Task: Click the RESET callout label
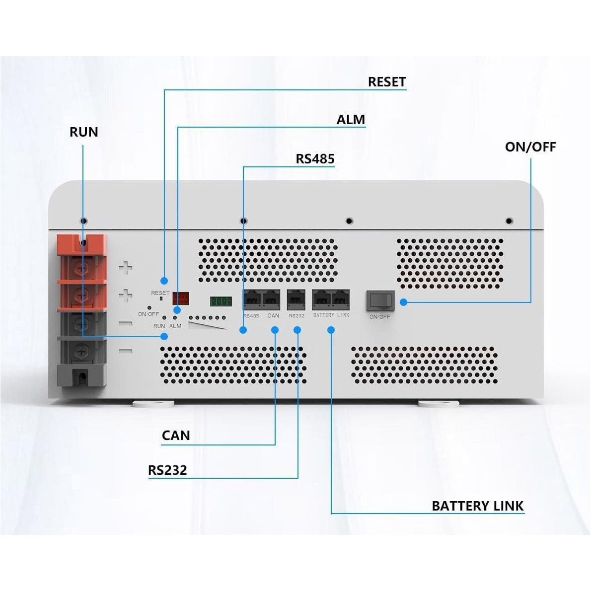click(387, 82)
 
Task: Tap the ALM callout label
click(351, 120)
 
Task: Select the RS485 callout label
click(315, 159)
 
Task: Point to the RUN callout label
click(84, 132)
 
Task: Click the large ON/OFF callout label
click(530, 147)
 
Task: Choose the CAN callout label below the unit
click(176, 436)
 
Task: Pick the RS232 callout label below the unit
click(167, 470)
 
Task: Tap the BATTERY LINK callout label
click(477, 506)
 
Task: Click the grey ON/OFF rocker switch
click(380, 300)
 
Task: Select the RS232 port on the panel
click(296, 299)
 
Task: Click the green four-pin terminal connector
click(221, 301)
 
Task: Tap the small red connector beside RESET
click(181, 298)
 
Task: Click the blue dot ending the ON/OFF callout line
click(403, 301)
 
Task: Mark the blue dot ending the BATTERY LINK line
click(331, 330)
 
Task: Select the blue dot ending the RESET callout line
click(164, 281)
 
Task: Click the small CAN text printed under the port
click(273, 316)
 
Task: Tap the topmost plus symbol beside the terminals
click(126, 268)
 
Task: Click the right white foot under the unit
click(439, 404)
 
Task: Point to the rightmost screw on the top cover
click(509, 221)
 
